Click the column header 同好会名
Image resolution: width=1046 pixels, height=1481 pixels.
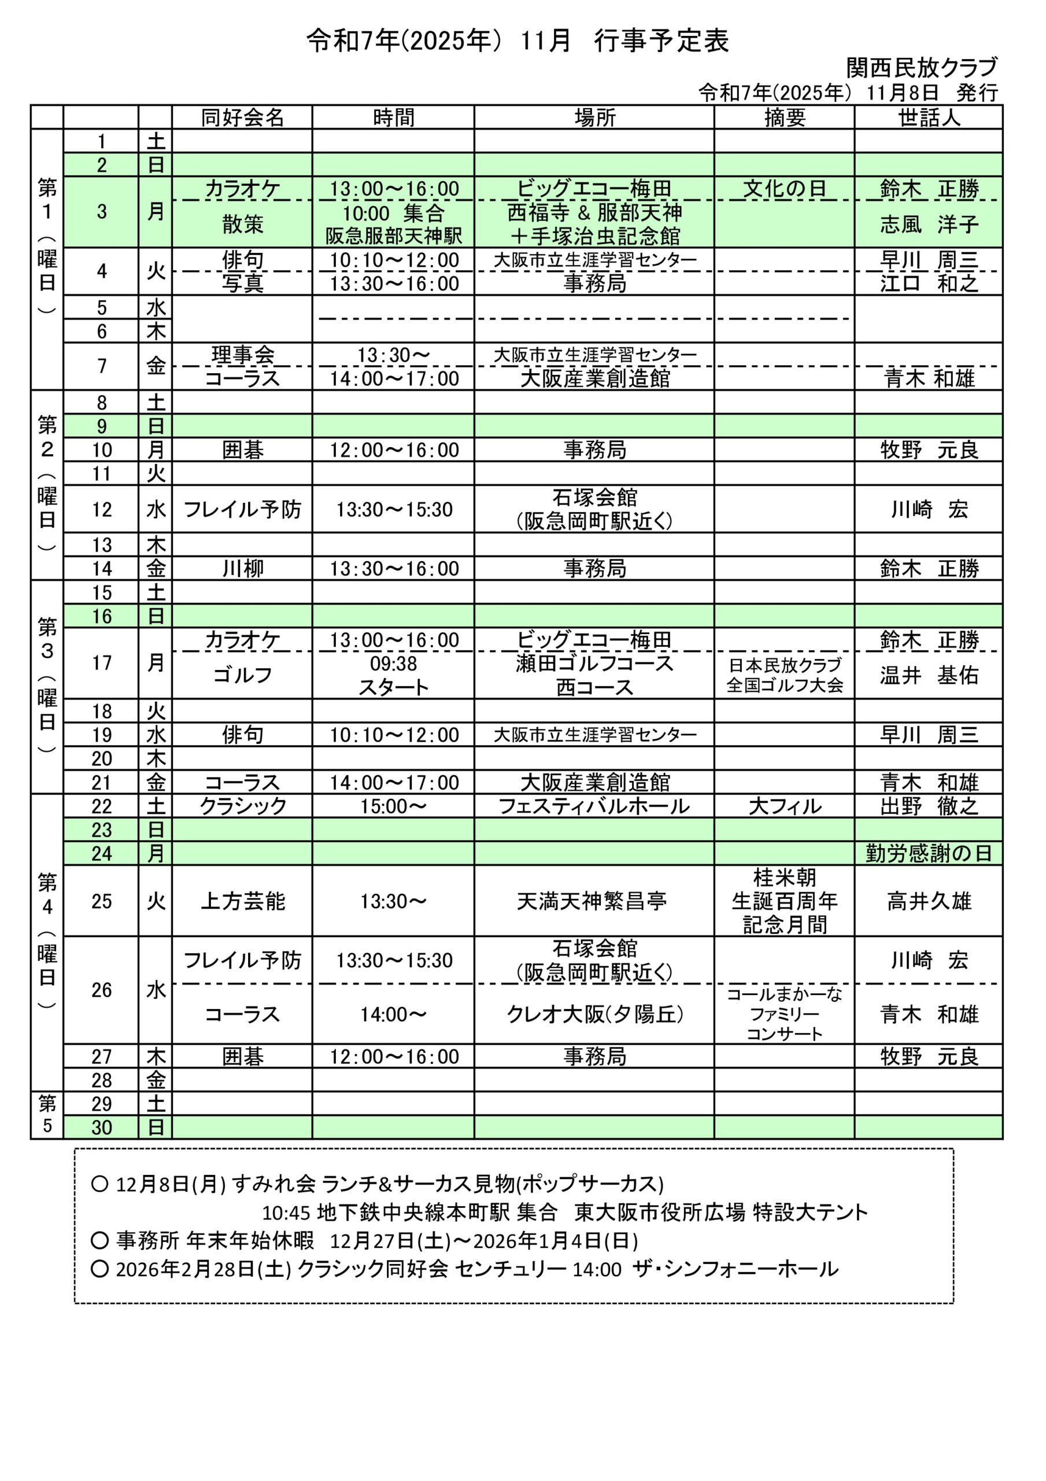tap(242, 117)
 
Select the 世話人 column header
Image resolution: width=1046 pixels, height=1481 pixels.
tap(929, 117)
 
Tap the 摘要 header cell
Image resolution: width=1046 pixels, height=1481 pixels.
tap(784, 117)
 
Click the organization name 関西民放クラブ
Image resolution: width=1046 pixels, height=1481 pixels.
tap(922, 67)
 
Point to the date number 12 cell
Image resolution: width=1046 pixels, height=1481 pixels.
tap(101, 510)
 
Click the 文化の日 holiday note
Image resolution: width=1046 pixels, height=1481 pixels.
tap(784, 189)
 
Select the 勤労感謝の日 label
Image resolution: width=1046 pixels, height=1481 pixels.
tap(929, 854)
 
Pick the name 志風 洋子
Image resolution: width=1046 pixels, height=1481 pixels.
tap(929, 224)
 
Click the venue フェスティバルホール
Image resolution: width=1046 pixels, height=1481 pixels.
tap(594, 806)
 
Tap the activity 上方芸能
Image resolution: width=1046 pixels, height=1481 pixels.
tap(242, 901)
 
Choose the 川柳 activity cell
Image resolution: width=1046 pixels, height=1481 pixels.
tap(242, 569)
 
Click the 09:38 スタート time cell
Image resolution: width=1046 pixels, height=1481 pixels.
tap(393, 675)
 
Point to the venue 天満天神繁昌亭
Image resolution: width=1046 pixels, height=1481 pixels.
tap(592, 901)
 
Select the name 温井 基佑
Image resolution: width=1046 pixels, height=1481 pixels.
tap(929, 675)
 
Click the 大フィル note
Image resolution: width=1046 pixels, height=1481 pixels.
tap(784, 806)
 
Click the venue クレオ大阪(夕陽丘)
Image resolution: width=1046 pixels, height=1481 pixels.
tap(594, 1015)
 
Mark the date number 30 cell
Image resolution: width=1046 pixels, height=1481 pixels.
tap(101, 1128)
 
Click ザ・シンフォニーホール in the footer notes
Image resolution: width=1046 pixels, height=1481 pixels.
tap(735, 1269)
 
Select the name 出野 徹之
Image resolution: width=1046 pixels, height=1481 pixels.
tap(929, 806)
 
